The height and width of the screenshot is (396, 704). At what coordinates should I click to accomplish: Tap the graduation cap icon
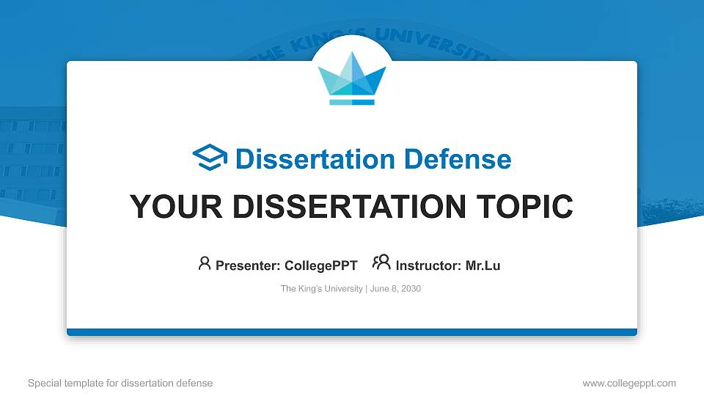pos(210,158)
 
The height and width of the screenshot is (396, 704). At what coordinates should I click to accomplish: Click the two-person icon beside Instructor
pos(381,263)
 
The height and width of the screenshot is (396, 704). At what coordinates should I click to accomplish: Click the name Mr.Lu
pos(483,265)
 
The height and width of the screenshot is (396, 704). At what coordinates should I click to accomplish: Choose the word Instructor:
pos(428,265)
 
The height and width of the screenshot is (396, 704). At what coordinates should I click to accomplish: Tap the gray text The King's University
pos(321,289)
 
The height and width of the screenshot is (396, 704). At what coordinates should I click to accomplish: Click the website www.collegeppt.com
pos(628,383)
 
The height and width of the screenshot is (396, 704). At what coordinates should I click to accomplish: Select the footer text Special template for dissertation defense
pos(120,383)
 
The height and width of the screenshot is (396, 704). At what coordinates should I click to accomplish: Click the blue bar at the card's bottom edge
pos(352,332)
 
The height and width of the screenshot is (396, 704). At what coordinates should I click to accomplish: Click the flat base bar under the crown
pos(352,102)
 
